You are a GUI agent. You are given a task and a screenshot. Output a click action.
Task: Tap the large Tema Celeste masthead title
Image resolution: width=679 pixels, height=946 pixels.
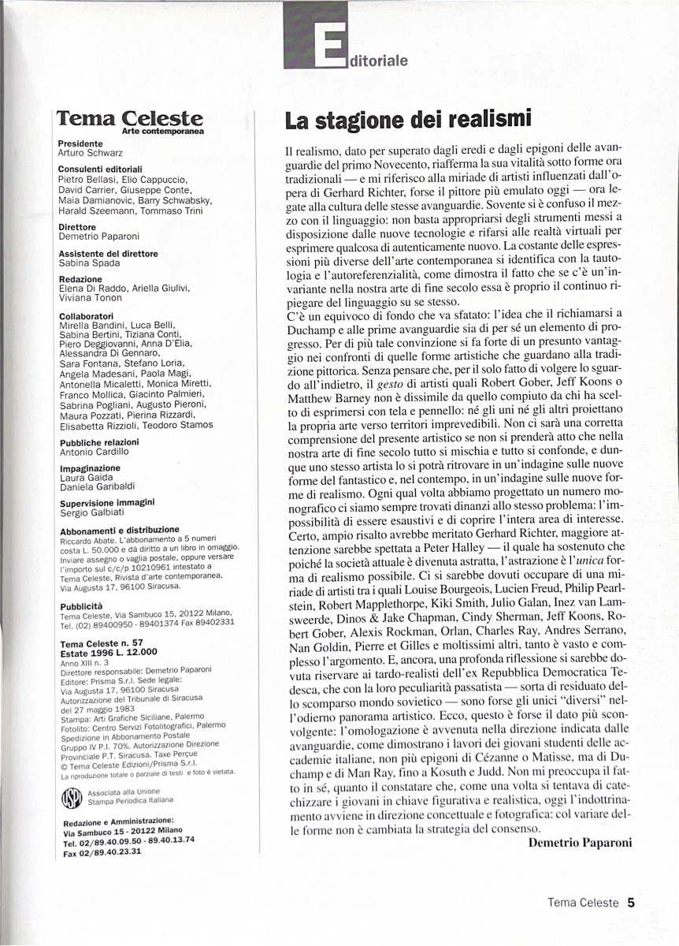[130, 118]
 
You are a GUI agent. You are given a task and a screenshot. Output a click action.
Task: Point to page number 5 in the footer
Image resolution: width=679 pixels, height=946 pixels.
[631, 903]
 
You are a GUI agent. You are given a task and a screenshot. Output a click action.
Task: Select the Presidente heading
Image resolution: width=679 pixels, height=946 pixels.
[80, 144]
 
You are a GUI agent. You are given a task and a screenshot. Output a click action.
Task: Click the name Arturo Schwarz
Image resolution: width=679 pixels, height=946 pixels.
[91, 153]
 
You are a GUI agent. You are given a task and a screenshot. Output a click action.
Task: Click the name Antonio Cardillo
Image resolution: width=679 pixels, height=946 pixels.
[95, 452]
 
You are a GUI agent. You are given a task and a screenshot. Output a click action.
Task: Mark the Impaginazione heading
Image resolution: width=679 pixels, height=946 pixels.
[90, 467]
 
